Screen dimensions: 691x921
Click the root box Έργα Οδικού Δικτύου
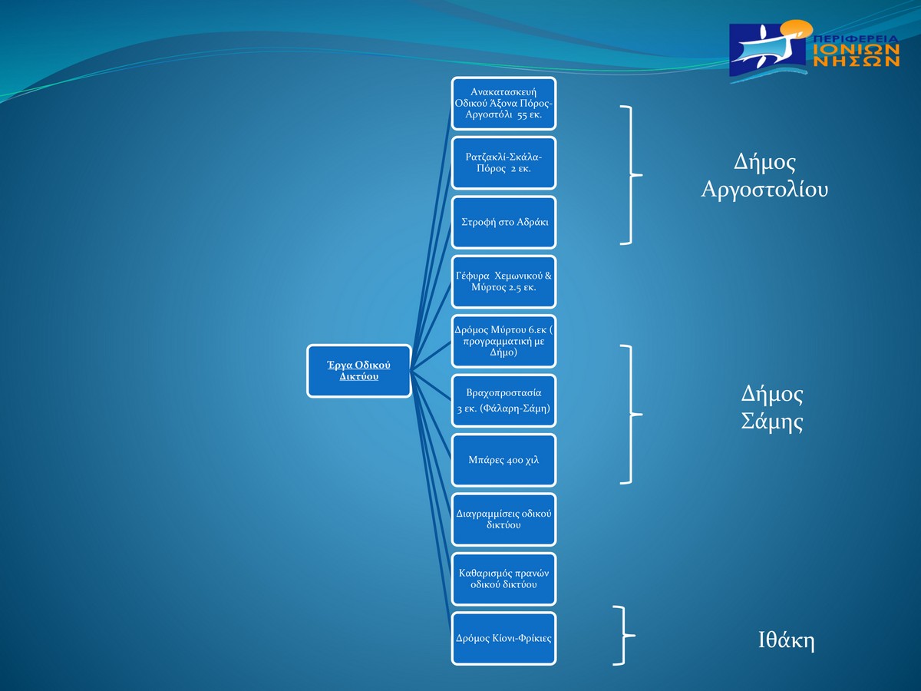359,371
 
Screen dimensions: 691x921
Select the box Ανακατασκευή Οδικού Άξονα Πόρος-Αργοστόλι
503,104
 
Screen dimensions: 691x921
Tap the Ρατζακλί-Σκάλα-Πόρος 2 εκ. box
503,163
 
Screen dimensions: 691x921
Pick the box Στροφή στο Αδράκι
503,222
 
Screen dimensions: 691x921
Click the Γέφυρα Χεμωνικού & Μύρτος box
503,282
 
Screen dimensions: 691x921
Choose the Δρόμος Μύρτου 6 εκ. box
503,341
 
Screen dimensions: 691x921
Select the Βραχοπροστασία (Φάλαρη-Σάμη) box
503,400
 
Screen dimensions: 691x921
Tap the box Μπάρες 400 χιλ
503,460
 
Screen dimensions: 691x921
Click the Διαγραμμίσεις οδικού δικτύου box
503,519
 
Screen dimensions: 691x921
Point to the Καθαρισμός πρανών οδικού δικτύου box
503,578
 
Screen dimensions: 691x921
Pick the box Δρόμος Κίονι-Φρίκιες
503,638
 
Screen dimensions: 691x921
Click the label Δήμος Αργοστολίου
764,176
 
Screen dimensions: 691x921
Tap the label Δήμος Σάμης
772,408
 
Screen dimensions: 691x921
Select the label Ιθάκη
786,641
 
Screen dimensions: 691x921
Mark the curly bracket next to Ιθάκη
623,635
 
